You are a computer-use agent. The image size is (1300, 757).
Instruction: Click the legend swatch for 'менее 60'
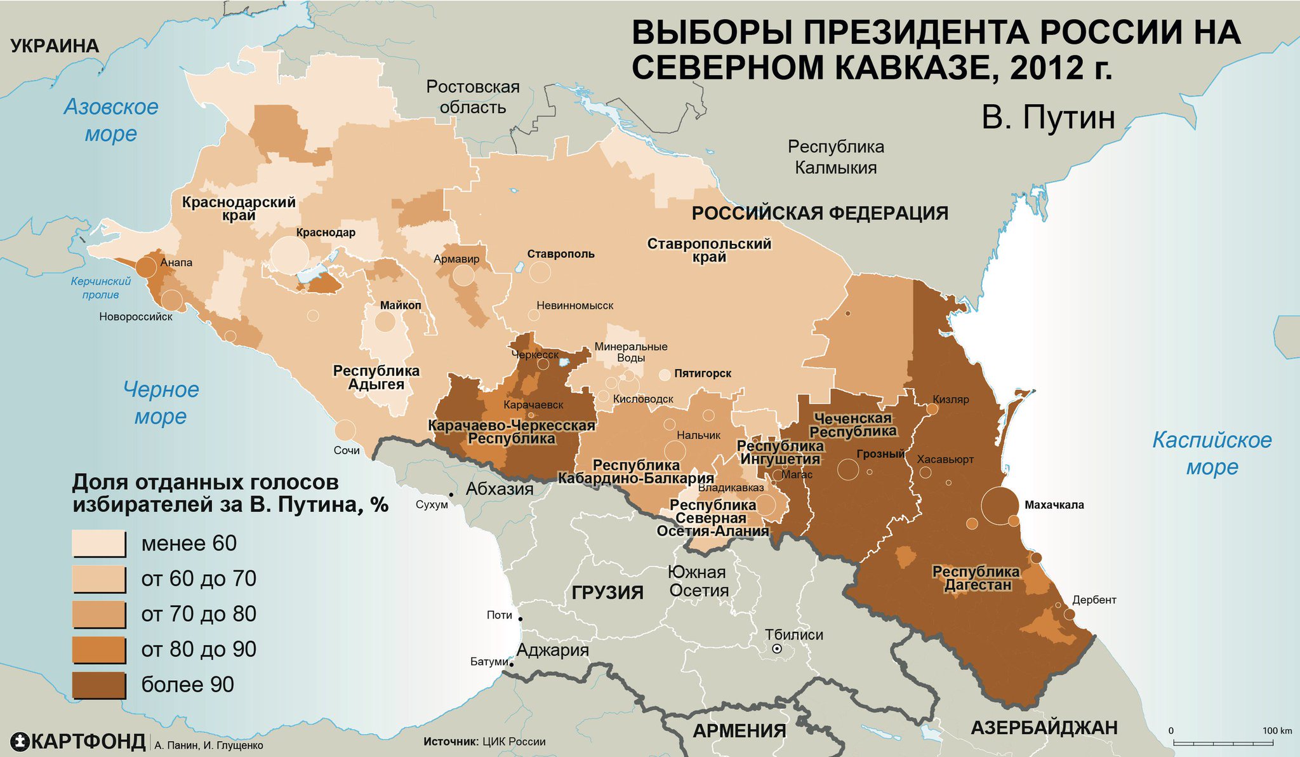pyautogui.click(x=99, y=544)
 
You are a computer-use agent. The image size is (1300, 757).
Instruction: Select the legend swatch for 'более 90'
pyautogui.click(x=99, y=685)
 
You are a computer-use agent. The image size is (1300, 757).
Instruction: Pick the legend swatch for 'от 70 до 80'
pyautogui.click(x=99, y=614)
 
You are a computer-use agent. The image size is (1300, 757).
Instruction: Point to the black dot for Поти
pyautogui.click(x=521, y=619)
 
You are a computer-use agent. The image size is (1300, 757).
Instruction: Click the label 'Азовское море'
pyautogui.click(x=111, y=120)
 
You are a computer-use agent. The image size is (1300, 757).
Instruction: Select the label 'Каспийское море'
pyautogui.click(x=1212, y=453)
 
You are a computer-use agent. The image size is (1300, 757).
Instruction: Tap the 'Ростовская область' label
pyautogui.click(x=473, y=97)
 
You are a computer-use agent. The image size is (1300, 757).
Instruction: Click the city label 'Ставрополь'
pyautogui.click(x=561, y=254)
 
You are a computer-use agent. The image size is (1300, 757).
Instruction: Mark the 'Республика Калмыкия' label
pyautogui.click(x=836, y=157)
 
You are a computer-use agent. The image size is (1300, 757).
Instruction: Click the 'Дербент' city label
pyautogui.click(x=1094, y=600)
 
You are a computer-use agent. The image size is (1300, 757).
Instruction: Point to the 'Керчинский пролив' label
pyautogui.click(x=101, y=288)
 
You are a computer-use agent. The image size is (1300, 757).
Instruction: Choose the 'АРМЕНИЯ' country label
pyautogui.click(x=740, y=730)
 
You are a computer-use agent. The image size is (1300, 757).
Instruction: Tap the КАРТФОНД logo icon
pyautogui.click(x=20, y=741)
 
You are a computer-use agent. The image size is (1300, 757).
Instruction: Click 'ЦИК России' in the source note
pyautogui.click(x=514, y=741)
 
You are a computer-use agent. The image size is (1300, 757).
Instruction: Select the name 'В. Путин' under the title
pyautogui.click(x=1048, y=118)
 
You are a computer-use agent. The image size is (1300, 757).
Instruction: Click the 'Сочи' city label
pyautogui.click(x=347, y=450)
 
